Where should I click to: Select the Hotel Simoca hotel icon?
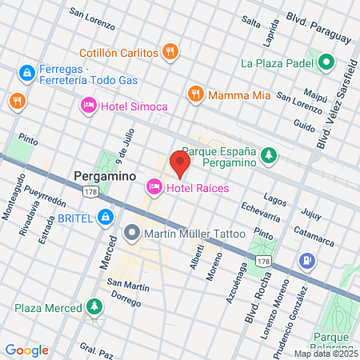[x=88, y=105]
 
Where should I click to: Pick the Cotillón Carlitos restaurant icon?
[x=169, y=53]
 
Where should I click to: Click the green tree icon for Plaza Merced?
[x=94, y=308]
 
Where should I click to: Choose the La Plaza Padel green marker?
[x=326, y=62]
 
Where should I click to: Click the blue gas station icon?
[x=306, y=260]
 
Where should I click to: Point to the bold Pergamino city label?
[x=104, y=174]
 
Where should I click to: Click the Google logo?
[x=26, y=350]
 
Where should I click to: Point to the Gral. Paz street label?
[x=96, y=348]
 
